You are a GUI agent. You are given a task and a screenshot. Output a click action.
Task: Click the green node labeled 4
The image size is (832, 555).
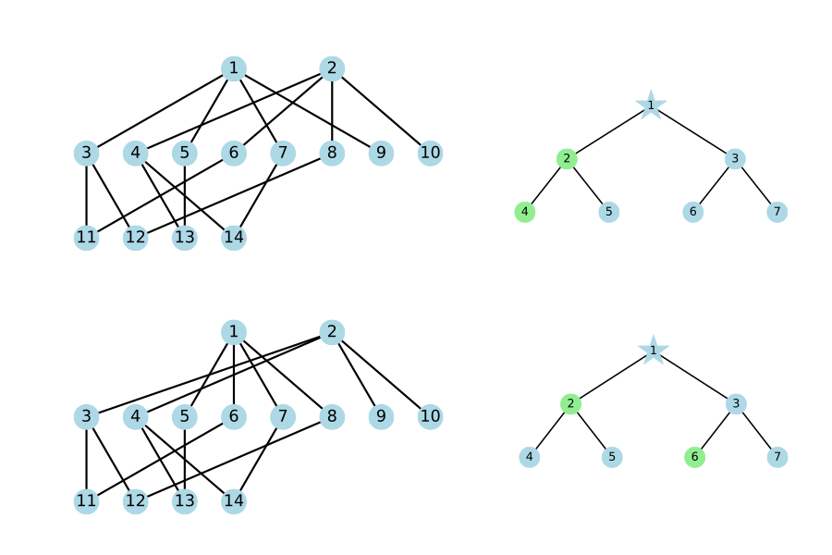tap(525, 212)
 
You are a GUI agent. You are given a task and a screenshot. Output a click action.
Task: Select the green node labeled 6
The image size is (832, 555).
tap(694, 457)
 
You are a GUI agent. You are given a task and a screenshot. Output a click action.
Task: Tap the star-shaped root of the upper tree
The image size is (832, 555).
tap(651, 105)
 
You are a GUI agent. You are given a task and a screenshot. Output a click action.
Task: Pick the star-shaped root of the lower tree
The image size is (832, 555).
tap(654, 350)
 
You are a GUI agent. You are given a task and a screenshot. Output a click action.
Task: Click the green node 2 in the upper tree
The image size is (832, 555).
tap(567, 158)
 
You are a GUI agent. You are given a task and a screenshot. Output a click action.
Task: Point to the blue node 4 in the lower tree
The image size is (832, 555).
tap(529, 457)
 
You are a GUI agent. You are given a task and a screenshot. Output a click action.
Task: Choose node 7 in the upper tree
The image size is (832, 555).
tap(777, 212)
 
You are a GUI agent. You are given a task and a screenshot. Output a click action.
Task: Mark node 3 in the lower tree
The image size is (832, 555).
tap(736, 403)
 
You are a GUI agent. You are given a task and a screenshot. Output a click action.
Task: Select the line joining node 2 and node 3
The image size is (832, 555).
tap(209, 374)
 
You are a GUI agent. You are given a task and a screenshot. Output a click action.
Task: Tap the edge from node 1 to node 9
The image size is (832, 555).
tap(307, 110)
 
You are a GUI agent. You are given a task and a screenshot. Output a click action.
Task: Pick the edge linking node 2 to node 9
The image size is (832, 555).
tap(357, 375)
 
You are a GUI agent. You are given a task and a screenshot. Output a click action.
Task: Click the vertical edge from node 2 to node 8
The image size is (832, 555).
tap(332, 110)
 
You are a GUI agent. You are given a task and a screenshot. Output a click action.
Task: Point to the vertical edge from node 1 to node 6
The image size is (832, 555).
tap(234, 375)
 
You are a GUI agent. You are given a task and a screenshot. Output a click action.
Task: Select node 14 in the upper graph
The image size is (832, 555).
tap(234, 237)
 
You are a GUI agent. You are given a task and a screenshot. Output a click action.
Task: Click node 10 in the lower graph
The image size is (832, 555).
tap(430, 416)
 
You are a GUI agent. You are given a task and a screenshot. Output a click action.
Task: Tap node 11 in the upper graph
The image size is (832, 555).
tap(87, 237)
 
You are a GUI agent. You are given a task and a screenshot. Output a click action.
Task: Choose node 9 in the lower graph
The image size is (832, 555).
tap(381, 416)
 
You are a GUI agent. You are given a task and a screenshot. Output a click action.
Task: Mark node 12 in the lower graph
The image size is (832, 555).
tap(135, 500)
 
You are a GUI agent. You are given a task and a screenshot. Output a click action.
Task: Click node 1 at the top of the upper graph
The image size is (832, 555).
tap(234, 68)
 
